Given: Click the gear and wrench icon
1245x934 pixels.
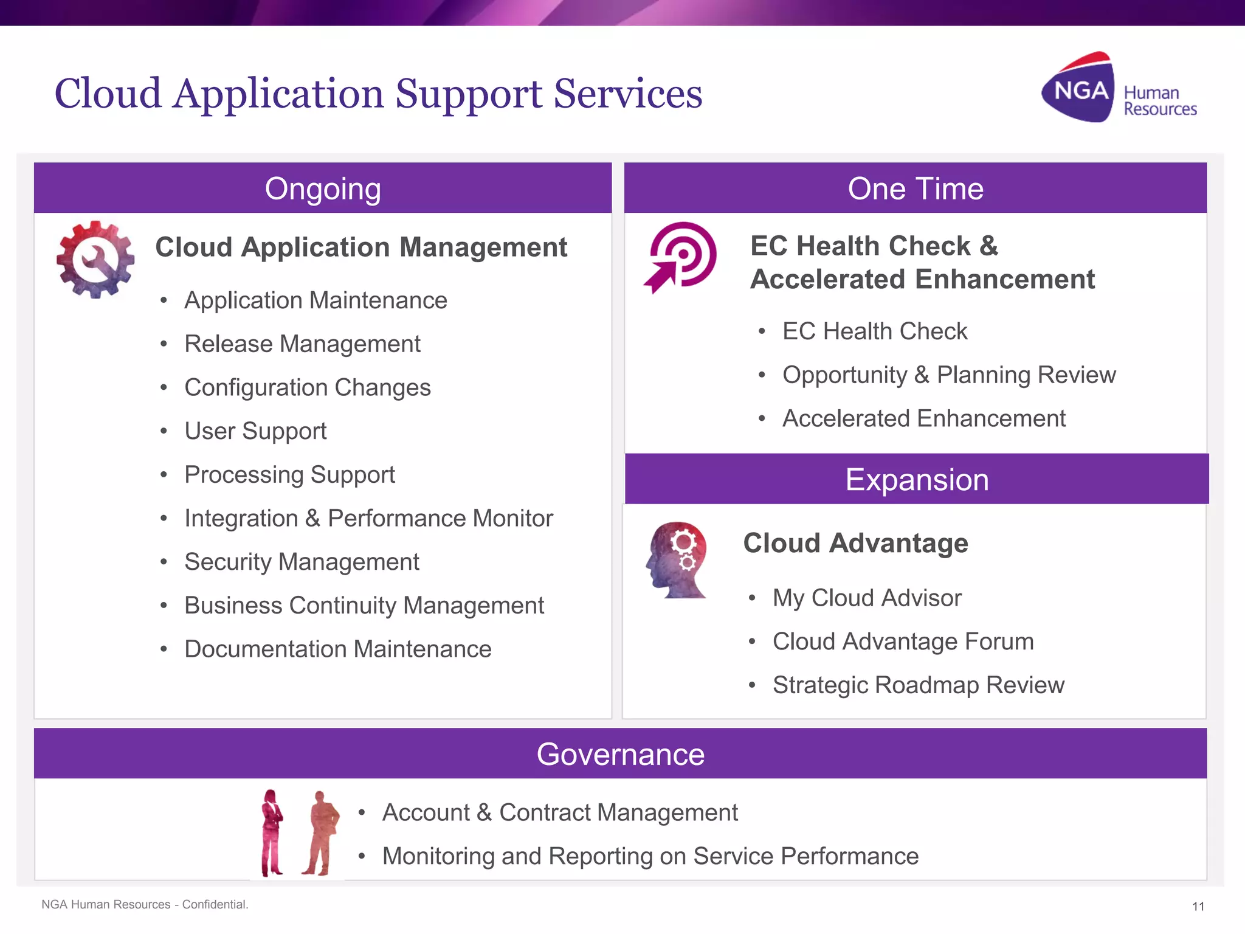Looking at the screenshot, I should pyautogui.click(x=95, y=260).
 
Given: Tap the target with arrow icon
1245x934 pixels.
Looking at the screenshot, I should pyautogui.click(x=681, y=257).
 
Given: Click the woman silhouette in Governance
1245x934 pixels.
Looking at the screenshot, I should pyautogui.click(x=272, y=832).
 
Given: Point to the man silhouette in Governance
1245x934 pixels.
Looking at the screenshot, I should pyautogui.click(x=320, y=832).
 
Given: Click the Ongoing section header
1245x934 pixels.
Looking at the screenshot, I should pyautogui.click(x=323, y=189).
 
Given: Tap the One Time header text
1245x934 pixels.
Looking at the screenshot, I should pyautogui.click(x=916, y=189).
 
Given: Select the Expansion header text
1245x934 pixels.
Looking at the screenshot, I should pyautogui.click(x=917, y=480).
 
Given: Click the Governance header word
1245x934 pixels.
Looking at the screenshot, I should pyautogui.click(x=620, y=754).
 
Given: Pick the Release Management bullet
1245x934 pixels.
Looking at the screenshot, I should pyautogui.click(x=302, y=344).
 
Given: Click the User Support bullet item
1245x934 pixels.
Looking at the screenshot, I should pyautogui.click(x=255, y=431).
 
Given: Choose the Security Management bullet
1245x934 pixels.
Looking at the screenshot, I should pyautogui.click(x=302, y=562).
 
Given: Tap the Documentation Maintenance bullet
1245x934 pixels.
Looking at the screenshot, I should pyautogui.click(x=337, y=649).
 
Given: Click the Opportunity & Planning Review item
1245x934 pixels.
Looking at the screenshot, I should pyautogui.click(x=949, y=375).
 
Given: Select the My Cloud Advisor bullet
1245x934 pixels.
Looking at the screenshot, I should pyautogui.click(x=867, y=598).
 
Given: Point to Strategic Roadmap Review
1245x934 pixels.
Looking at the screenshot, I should pyautogui.click(x=918, y=685).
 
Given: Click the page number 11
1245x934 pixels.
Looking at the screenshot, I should pyautogui.click(x=1198, y=907).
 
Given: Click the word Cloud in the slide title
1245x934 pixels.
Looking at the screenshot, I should pyautogui.click(x=108, y=94).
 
